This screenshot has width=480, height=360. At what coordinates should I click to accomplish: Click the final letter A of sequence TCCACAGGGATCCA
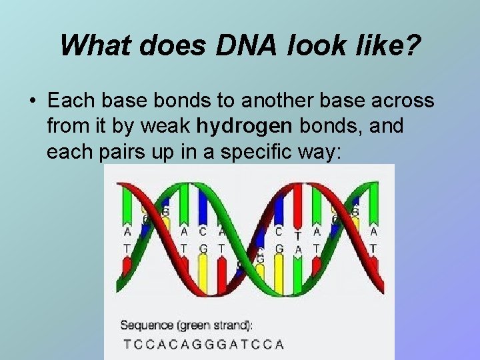(x=279, y=344)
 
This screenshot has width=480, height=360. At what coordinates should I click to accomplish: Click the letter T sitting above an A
(x=298, y=234)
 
